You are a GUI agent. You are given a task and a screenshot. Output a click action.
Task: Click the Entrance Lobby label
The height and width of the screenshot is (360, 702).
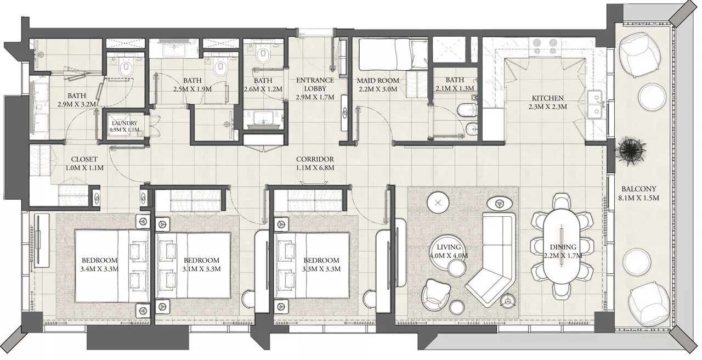click(315, 85)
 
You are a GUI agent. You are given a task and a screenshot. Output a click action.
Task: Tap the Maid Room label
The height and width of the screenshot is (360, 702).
click(378, 81)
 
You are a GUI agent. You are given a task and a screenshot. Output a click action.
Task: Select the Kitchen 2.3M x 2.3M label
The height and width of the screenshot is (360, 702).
click(547, 102)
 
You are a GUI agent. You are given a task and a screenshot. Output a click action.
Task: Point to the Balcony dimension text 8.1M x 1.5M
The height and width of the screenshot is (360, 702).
click(639, 198)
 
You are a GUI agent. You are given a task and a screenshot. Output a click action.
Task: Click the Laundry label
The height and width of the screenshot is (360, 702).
click(124, 123)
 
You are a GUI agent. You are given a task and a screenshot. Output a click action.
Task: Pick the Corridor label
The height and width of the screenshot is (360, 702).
click(315, 159)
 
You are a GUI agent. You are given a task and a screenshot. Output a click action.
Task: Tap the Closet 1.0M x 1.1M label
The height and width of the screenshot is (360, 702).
click(84, 164)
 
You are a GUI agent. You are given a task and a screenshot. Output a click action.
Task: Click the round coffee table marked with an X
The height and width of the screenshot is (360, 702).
click(438, 203)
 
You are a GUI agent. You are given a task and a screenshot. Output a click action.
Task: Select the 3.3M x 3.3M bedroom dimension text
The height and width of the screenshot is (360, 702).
click(321, 269)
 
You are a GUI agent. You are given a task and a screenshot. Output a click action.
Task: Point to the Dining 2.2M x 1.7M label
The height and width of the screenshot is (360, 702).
click(563, 251)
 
